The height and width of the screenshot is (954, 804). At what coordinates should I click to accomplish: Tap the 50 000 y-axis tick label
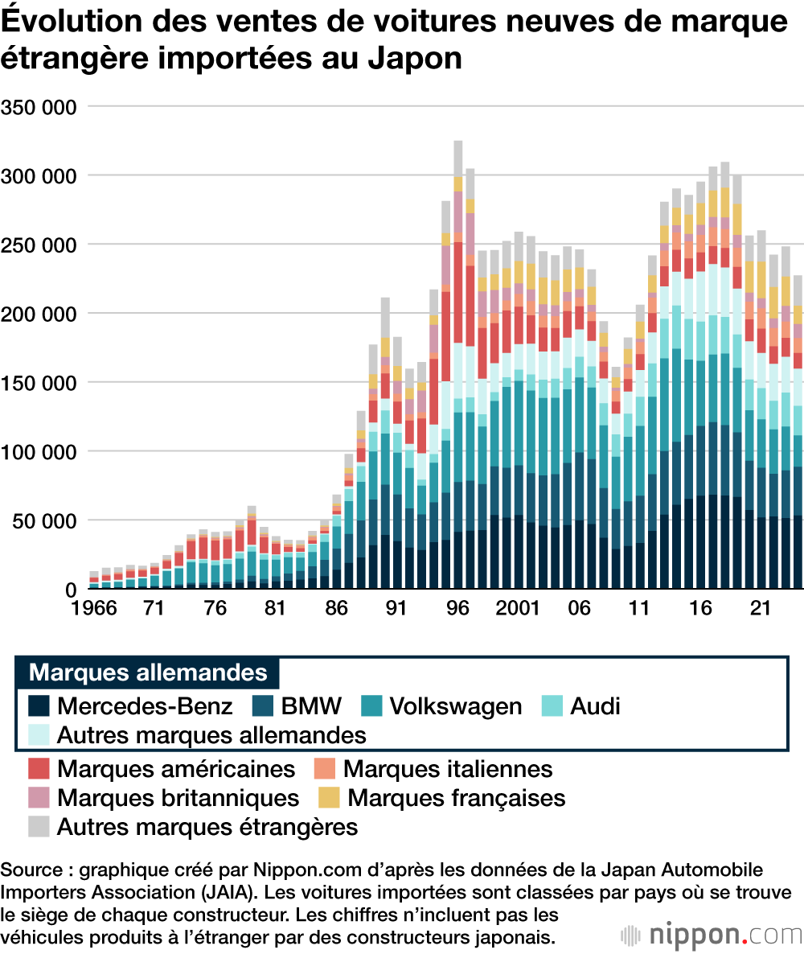[43, 520]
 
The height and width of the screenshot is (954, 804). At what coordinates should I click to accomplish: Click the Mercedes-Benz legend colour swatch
[39, 706]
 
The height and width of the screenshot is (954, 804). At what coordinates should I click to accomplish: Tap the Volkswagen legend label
[455, 706]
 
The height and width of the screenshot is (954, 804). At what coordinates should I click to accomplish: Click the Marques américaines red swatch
[39, 769]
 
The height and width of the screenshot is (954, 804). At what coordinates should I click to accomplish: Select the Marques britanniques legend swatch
[39, 798]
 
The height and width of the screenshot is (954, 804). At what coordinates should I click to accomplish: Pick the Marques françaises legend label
[456, 798]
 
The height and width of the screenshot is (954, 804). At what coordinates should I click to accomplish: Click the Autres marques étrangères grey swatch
[39, 826]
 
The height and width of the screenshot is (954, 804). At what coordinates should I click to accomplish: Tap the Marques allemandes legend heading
[148, 672]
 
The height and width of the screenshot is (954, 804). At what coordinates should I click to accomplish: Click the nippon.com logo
[712, 935]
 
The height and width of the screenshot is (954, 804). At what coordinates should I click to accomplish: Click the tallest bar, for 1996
[458, 362]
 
